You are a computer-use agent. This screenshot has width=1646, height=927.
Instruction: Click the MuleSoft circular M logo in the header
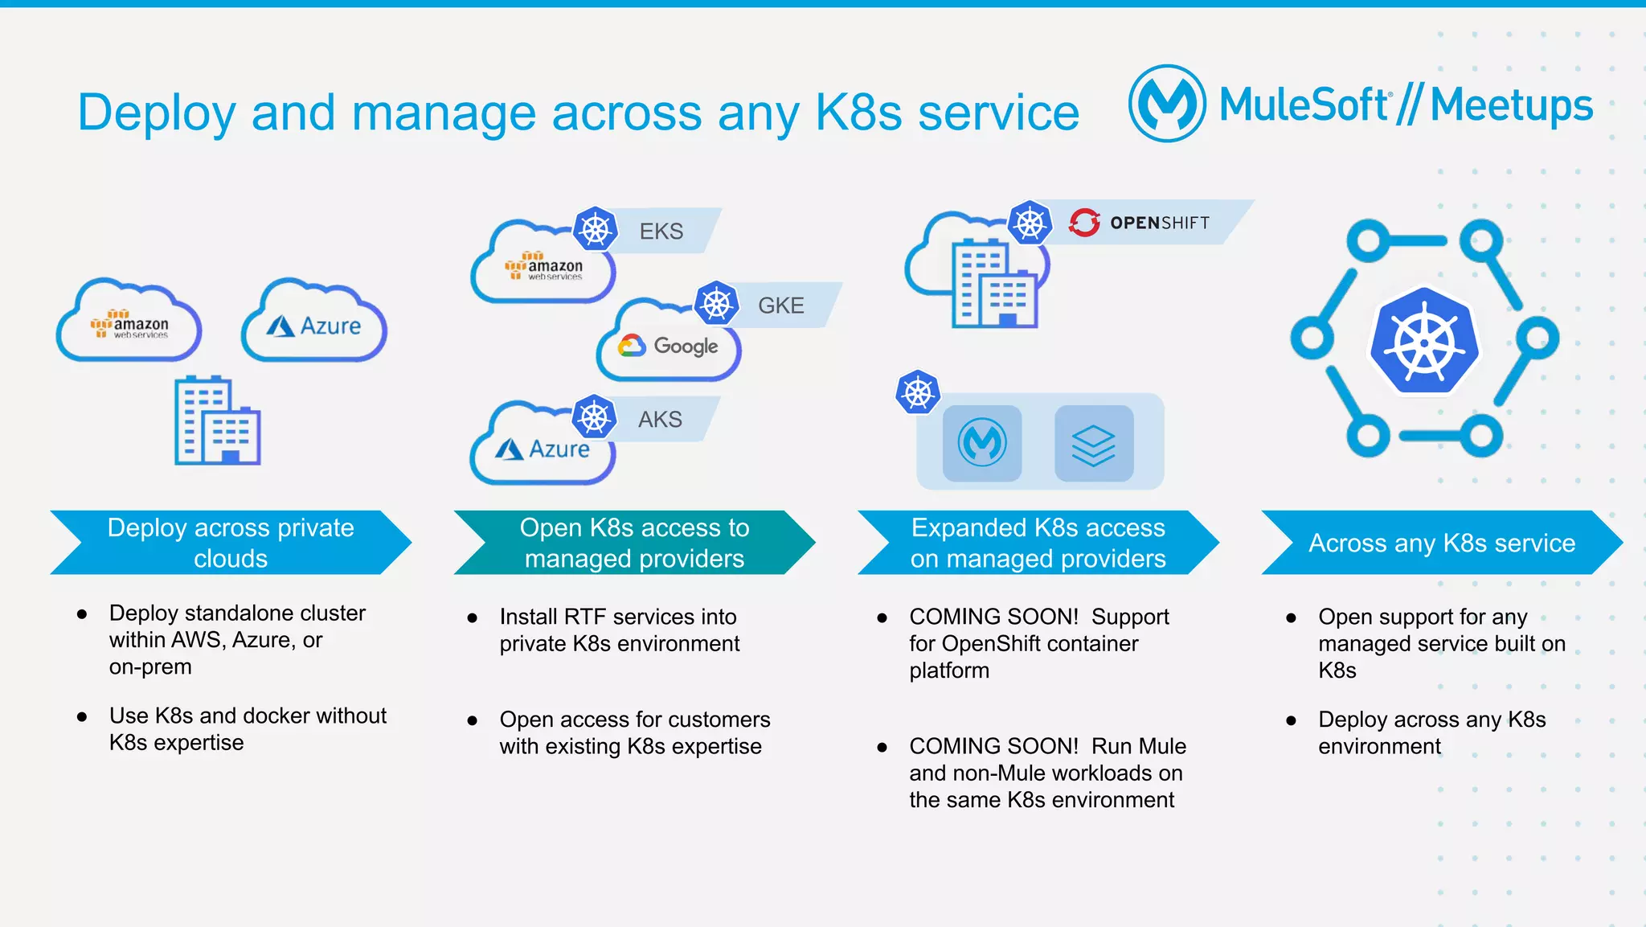point(1167,104)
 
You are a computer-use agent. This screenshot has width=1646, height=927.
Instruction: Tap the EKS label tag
point(661,232)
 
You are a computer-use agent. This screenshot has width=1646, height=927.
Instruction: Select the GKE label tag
point(780,306)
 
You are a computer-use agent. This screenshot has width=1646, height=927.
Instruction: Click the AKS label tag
point(660,419)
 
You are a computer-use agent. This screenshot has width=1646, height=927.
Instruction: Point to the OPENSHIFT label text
point(1159,223)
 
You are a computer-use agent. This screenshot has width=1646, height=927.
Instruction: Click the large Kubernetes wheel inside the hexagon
point(1424,341)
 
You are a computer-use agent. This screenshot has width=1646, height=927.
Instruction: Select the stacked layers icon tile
point(1094,444)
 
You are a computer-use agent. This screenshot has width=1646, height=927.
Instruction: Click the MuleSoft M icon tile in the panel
point(982,444)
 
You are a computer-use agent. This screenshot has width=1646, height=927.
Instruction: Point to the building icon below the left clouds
point(217,420)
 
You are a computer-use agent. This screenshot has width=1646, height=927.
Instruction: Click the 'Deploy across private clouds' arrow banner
point(231,543)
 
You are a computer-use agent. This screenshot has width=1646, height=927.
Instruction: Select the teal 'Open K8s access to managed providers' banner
point(634,543)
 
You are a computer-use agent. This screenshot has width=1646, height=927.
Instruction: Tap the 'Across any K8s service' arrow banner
point(1441,543)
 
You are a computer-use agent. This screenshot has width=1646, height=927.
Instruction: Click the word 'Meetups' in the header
point(1511,105)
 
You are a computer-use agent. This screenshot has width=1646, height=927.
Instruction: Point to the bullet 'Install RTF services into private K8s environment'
point(619,630)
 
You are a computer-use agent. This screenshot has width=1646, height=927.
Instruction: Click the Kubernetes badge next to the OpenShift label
point(1030,223)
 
